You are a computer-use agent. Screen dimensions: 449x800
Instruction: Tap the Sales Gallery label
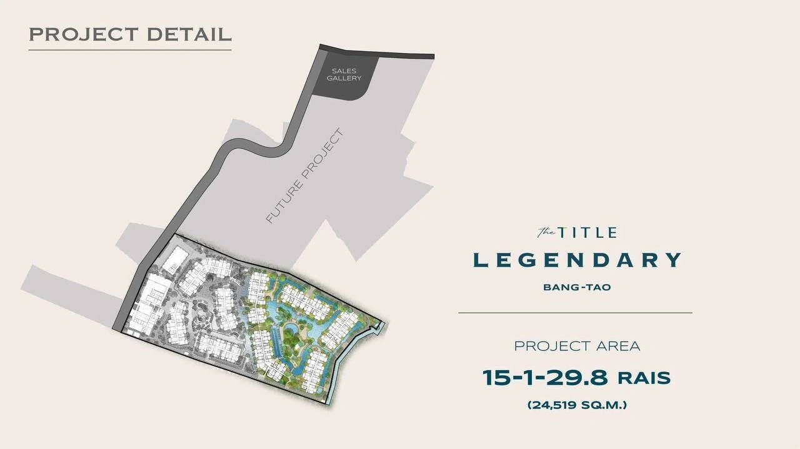click(344, 74)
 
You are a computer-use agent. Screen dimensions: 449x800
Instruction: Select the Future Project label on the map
click(304, 176)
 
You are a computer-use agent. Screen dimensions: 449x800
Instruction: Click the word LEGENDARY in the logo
click(576, 260)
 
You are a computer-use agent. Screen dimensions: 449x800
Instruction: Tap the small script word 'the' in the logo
click(546, 233)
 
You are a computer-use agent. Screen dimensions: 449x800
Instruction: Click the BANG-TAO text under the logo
click(576, 288)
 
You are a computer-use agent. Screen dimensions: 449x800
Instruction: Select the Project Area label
click(576, 346)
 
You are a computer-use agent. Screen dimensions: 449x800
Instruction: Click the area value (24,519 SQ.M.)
click(576, 405)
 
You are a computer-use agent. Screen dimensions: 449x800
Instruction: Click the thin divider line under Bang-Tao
click(575, 312)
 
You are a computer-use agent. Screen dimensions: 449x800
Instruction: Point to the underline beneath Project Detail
click(130, 49)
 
